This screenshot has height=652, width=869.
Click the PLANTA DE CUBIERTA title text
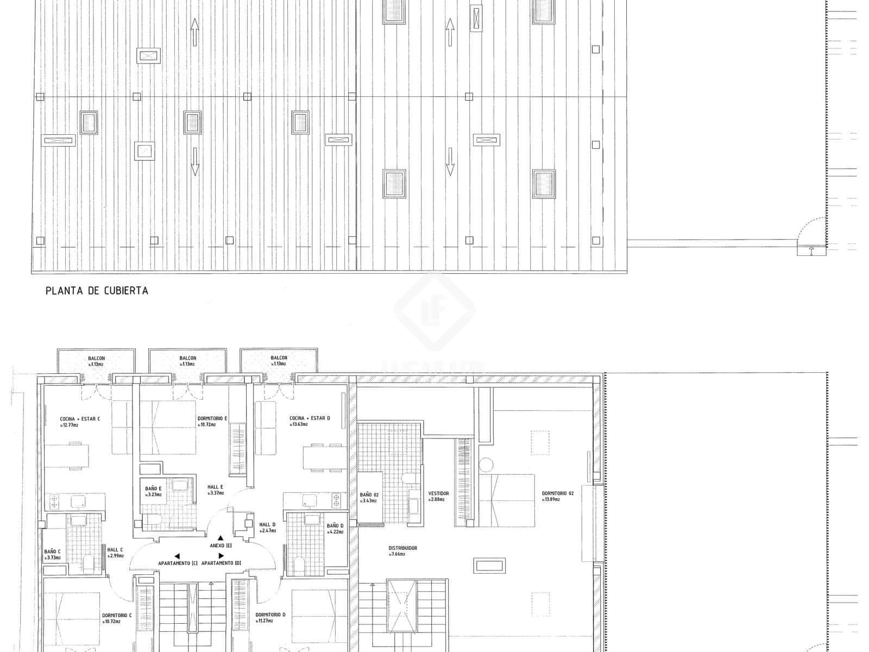point(97,291)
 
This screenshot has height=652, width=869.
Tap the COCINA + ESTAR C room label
point(80,419)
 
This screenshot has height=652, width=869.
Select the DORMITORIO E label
point(212,418)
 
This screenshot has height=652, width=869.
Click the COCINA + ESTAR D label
point(310,418)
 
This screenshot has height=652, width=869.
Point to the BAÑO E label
point(153,489)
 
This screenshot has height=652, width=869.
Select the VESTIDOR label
point(438,493)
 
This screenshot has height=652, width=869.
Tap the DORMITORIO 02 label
point(558,493)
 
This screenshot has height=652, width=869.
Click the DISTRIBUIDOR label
point(402,548)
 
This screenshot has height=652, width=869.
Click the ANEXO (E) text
point(221,545)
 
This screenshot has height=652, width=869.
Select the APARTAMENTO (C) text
point(178,563)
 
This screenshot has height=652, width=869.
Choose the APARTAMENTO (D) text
point(221,563)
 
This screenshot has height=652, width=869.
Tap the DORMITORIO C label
point(117,616)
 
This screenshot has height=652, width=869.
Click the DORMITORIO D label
point(270,615)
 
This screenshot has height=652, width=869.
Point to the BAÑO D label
point(335,526)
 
